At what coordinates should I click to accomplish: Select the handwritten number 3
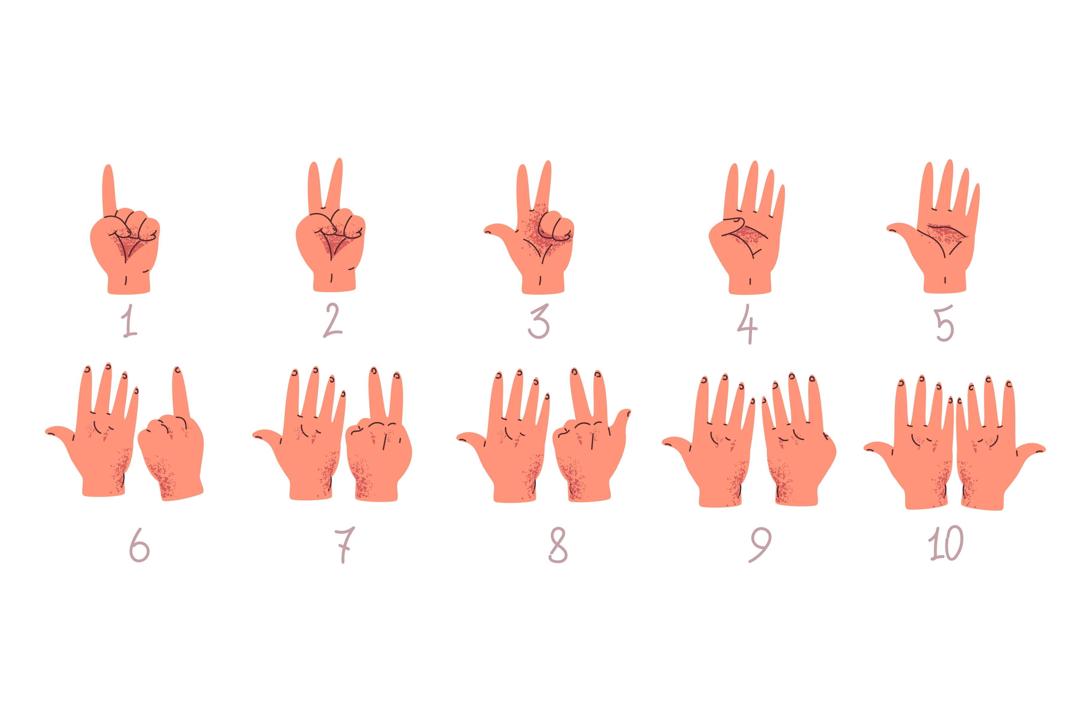539,321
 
